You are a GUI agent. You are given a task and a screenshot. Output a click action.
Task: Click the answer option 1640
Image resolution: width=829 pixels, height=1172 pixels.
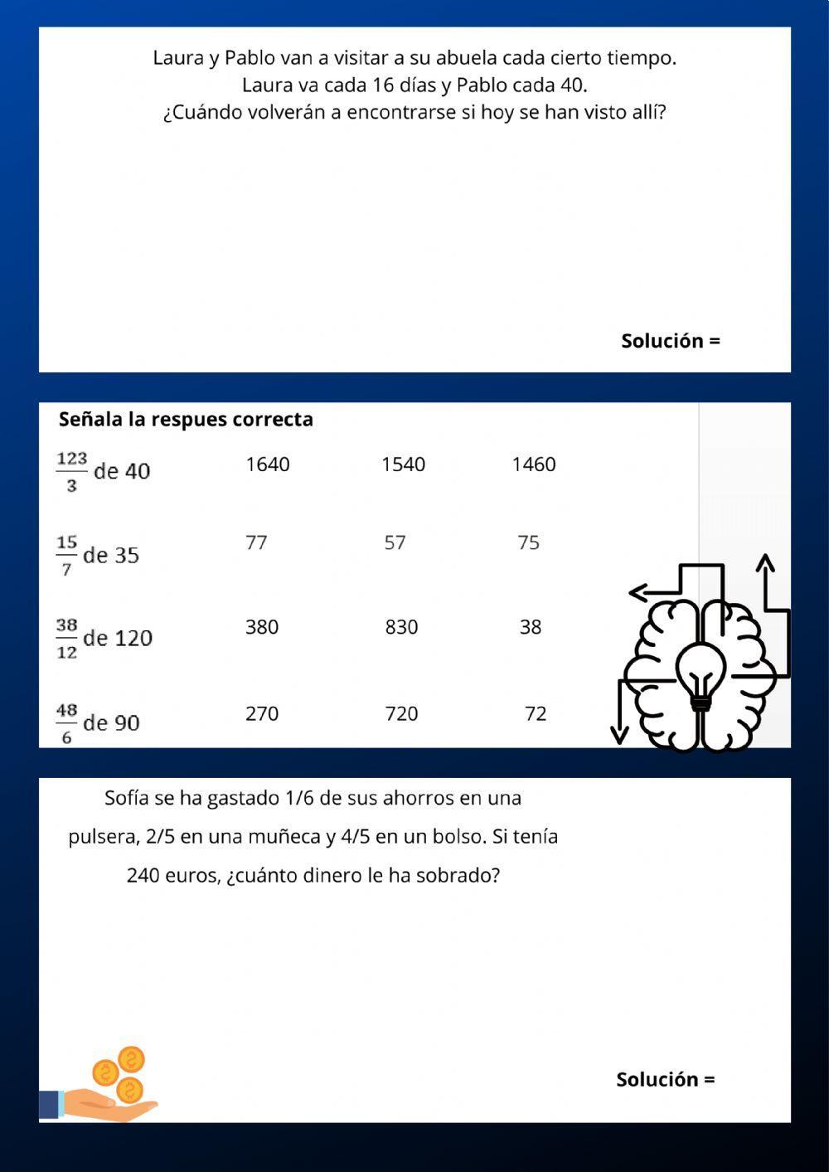[x=267, y=464]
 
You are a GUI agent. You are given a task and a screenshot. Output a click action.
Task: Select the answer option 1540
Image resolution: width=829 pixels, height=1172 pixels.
[x=403, y=464]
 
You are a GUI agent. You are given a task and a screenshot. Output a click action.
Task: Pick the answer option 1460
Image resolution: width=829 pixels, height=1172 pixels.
[x=533, y=464]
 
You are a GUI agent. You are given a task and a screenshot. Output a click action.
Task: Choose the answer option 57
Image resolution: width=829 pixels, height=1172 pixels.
[x=395, y=542]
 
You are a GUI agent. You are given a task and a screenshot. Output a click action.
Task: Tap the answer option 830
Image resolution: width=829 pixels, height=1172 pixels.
[x=401, y=627]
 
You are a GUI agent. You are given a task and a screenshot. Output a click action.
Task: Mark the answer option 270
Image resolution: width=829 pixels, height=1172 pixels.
[x=262, y=714]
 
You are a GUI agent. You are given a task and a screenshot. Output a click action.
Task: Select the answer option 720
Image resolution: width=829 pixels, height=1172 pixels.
[x=401, y=714]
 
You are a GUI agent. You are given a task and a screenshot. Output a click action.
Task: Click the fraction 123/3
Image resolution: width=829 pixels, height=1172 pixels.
[x=71, y=471]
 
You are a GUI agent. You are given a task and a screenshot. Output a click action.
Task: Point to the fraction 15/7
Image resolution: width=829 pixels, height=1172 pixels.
[x=66, y=555]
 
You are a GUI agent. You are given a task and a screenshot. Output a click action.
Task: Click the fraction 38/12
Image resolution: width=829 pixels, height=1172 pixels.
[x=66, y=639]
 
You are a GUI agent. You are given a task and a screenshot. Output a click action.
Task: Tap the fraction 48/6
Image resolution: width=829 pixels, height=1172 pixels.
[x=66, y=722]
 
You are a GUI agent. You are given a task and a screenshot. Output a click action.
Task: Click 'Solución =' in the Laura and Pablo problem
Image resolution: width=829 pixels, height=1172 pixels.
[x=670, y=341]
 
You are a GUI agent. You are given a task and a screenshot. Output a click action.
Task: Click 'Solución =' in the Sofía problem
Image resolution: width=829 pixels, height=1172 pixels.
[x=665, y=1080]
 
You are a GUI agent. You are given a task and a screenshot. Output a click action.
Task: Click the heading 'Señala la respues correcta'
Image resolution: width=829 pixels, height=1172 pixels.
[x=186, y=420]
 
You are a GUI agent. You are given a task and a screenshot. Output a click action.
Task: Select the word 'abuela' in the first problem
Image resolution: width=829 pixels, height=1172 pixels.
[x=467, y=58]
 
